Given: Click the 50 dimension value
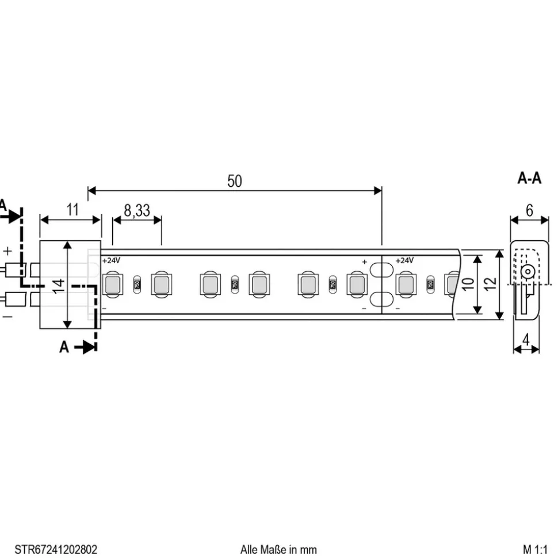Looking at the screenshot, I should (x=234, y=181).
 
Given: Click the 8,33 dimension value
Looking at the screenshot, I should (x=137, y=210).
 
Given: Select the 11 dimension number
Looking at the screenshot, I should (x=72, y=210).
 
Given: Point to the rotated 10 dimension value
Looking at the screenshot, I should (x=468, y=284).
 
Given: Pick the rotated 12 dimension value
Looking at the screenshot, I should (x=490, y=284).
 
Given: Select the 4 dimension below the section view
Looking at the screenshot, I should (x=526, y=340).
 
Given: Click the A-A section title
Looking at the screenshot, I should (x=529, y=179).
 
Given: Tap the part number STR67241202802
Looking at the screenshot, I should (x=52, y=549).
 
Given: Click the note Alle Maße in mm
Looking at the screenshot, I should (x=278, y=549).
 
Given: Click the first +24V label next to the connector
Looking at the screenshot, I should (x=112, y=260).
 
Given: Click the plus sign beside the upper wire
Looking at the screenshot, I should (x=7, y=251).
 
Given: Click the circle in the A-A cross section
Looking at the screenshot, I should (x=526, y=272).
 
